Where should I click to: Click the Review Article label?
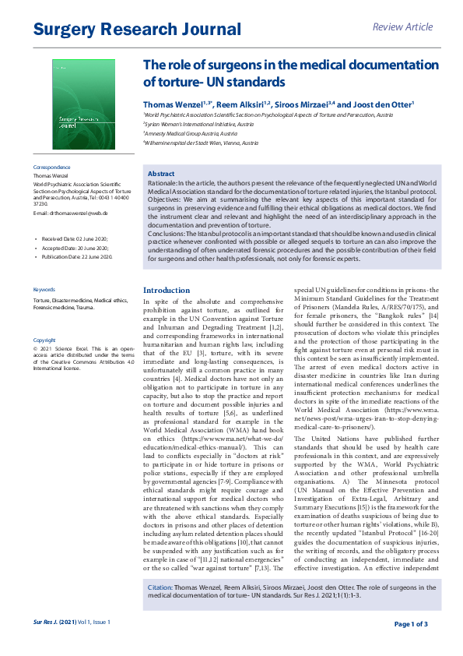pyautogui.click(x=402, y=27)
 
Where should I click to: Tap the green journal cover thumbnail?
pyautogui.click(x=83, y=105)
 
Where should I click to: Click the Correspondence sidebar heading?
pyautogui.click(x=51, y=168)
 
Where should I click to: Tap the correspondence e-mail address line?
pyautogui.click(x=69, y=213)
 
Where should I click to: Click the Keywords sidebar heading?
pyautogui.click(x=44, y=289)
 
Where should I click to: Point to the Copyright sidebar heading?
pyautogui.click(x=44, y=340)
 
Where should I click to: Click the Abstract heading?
pyautogui.click(x=161, y=173)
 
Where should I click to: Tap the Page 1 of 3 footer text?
pyautogui.click(x=411, y=624)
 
